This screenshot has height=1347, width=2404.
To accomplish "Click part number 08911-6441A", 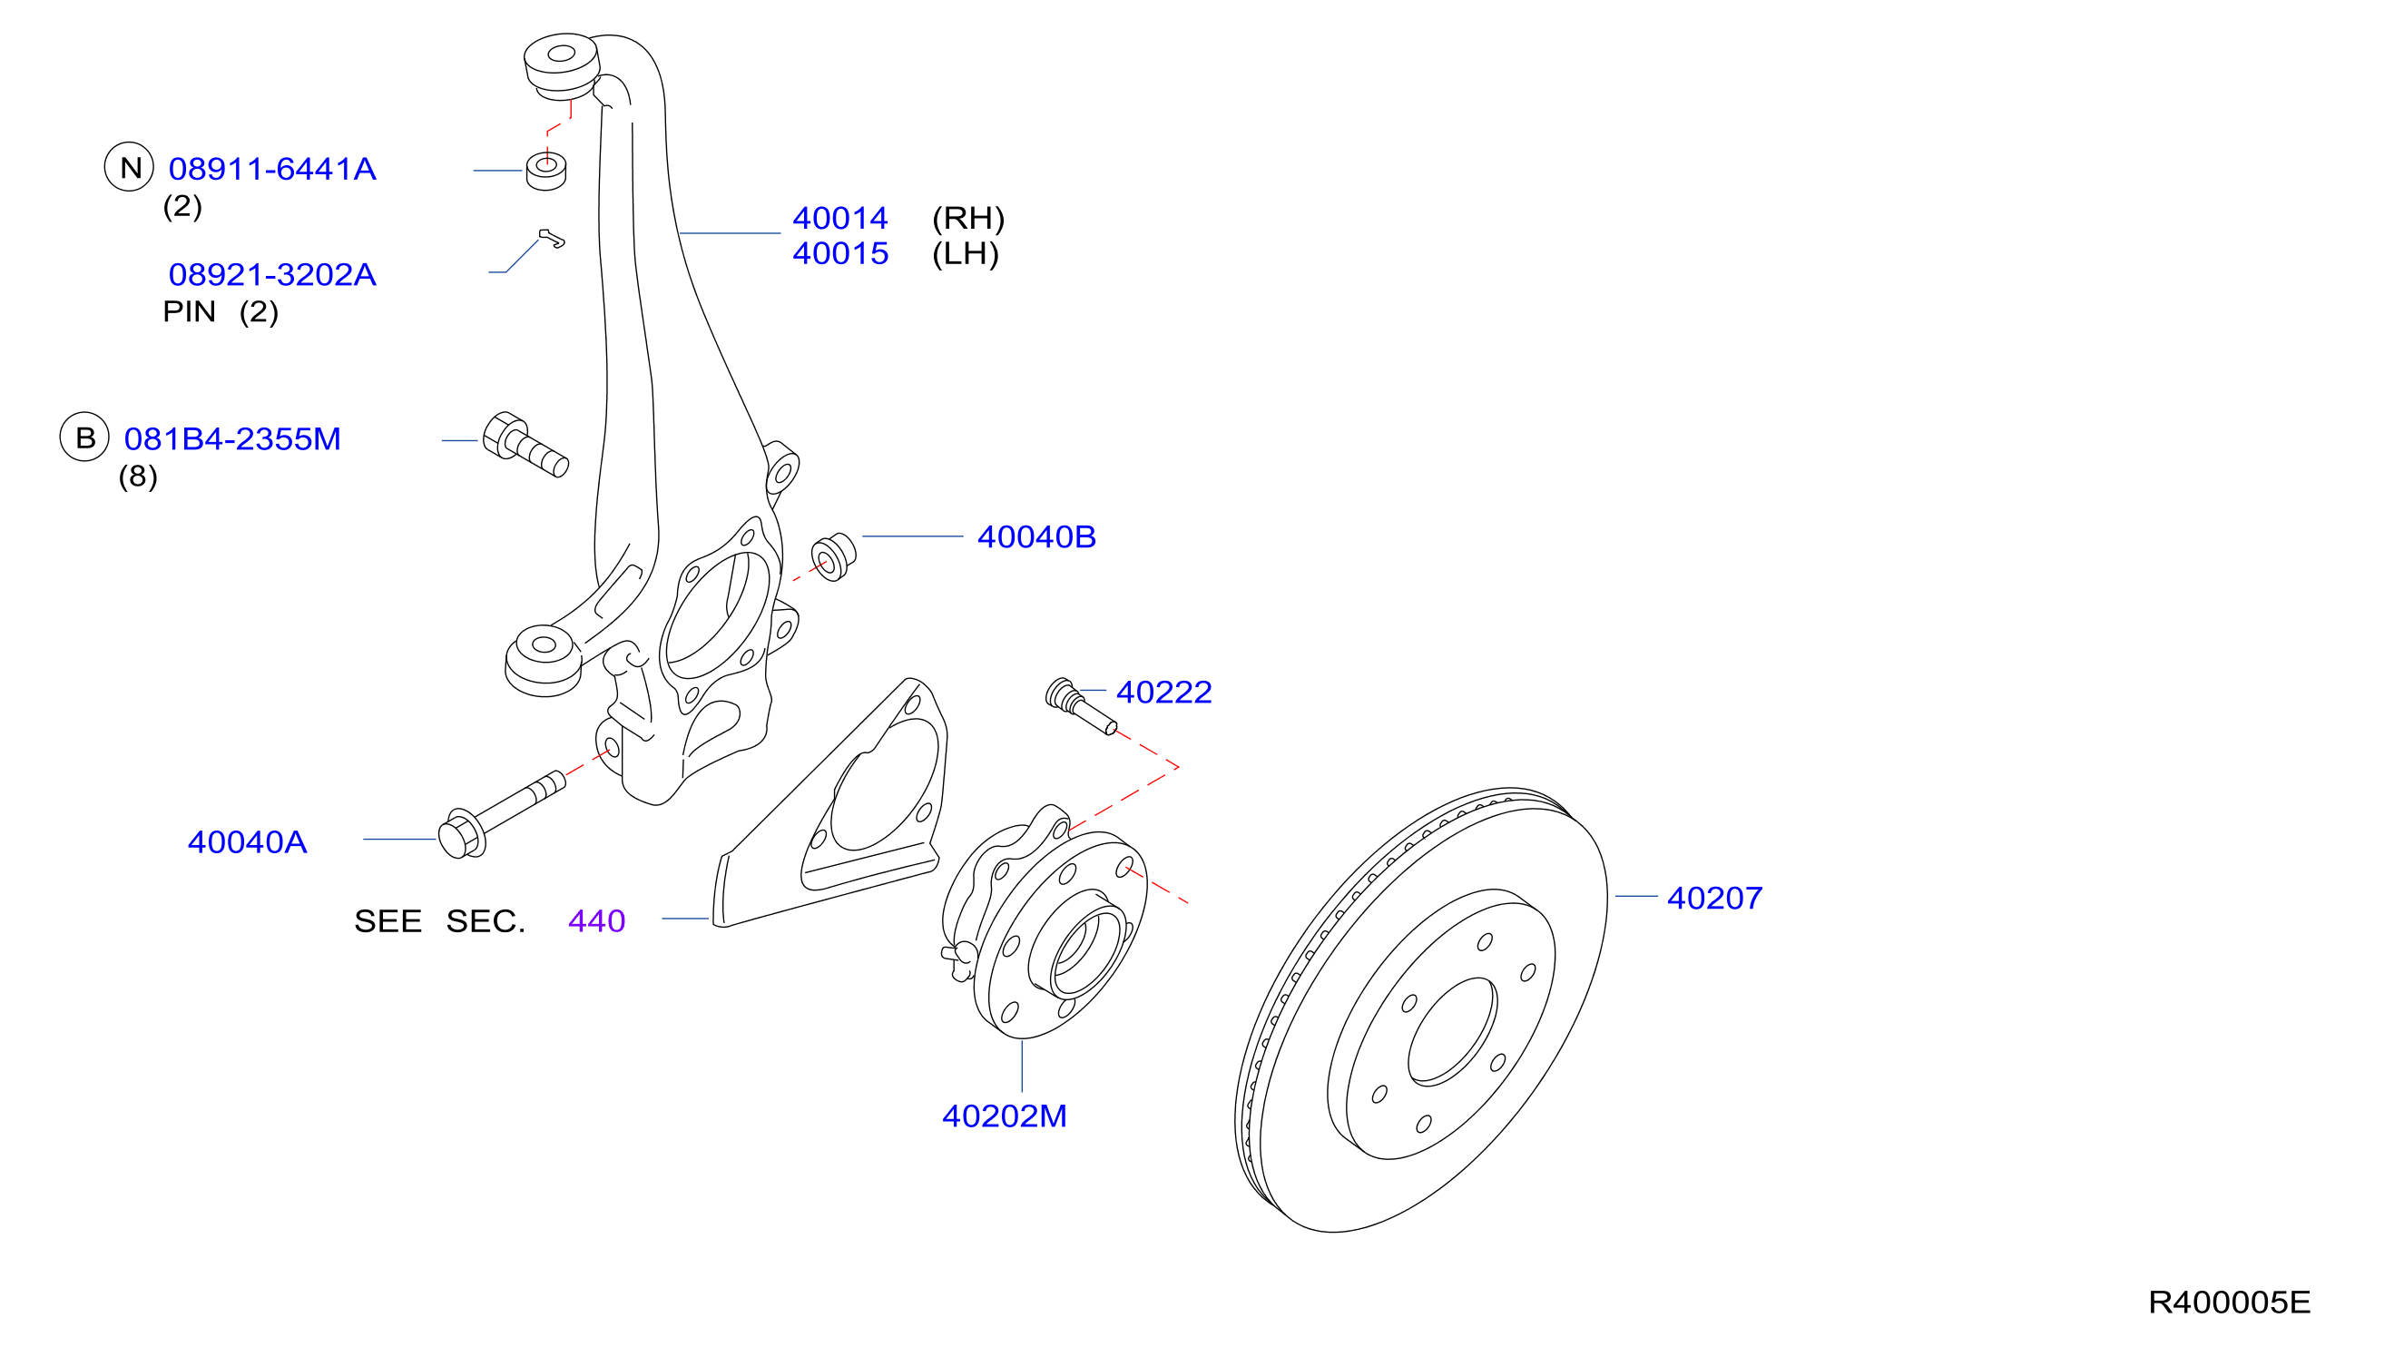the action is point(272,169).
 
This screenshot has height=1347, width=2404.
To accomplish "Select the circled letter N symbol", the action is point(129,167).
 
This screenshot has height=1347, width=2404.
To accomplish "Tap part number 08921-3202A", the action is point(272,274).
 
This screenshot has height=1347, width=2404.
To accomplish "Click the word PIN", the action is point(190,311).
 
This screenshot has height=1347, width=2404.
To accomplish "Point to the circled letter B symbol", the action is point(85,437).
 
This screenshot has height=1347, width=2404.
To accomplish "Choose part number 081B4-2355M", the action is point(232,438).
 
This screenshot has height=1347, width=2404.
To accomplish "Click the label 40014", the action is point(840,219).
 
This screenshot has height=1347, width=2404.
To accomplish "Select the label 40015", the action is point(840,254).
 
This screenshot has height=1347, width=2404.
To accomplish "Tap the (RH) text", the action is point(967,219).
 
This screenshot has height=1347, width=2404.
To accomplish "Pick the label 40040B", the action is point(1035,536).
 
